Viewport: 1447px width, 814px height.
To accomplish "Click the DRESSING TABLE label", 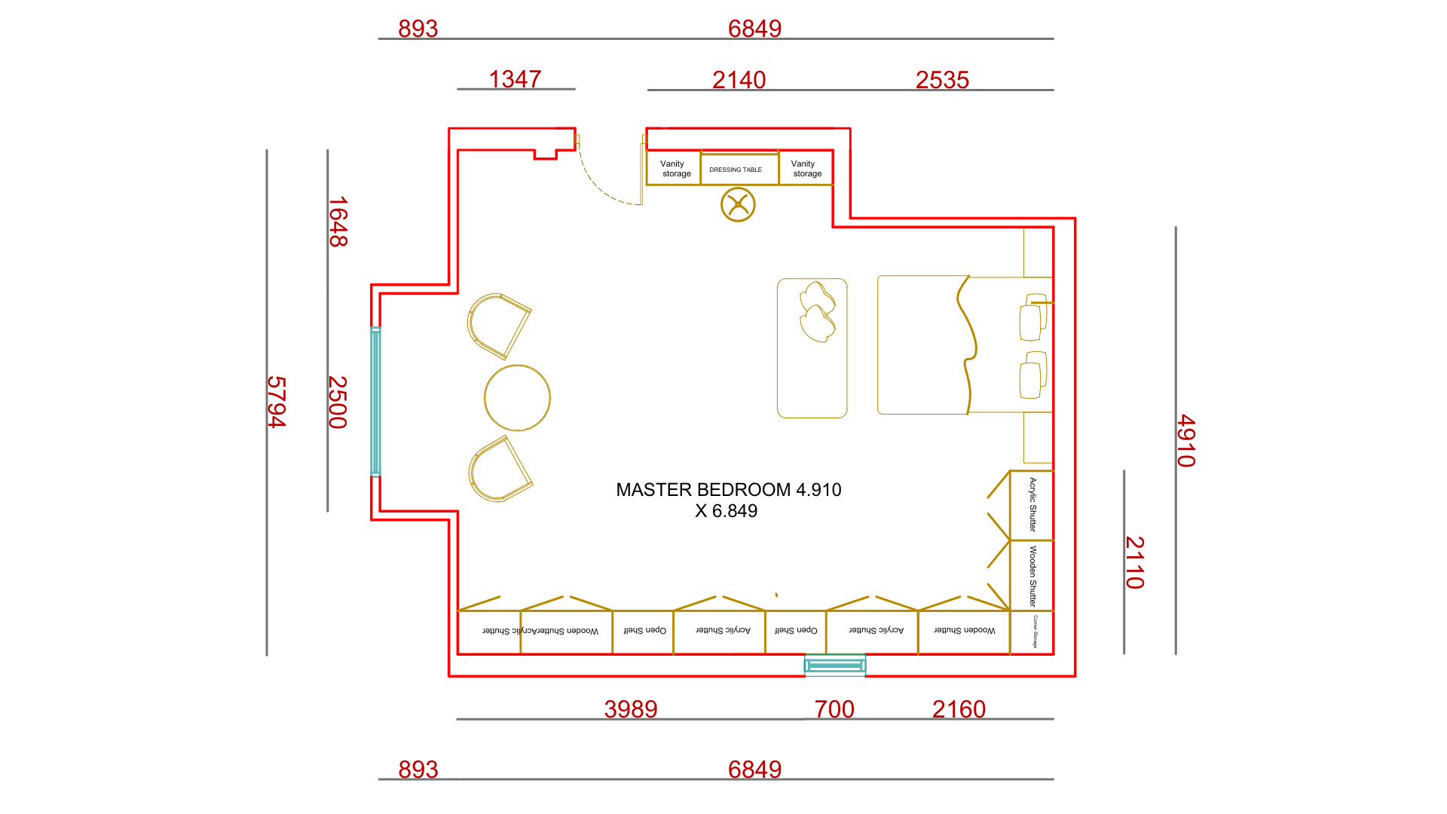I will point(735,170).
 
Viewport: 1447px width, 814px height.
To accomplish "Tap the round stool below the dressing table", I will point(738,205).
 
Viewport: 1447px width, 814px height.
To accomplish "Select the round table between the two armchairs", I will point(517,398).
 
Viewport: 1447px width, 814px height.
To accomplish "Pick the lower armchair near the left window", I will point(499,470).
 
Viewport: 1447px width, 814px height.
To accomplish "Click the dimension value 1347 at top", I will point(515,78).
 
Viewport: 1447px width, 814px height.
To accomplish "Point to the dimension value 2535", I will point(942,79).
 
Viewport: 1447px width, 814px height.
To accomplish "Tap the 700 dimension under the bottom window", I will point(834,708).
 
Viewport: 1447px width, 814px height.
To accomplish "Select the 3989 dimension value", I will point(631,708).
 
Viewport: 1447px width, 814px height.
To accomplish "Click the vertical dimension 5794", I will point(277,402).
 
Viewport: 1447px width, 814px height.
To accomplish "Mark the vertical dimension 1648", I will point(338,222).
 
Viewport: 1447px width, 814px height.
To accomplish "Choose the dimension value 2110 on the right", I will point(1134,562).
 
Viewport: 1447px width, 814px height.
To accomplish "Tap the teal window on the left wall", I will point(375,401).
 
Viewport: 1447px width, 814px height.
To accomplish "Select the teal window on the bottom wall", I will point(834,666).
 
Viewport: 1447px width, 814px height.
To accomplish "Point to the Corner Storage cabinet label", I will point(1035,632).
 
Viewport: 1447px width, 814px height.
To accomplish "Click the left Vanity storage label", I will point(673,168).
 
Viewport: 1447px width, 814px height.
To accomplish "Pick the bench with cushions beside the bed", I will point(812,348).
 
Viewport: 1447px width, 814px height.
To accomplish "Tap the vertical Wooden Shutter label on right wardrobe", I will point(1032,576).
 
